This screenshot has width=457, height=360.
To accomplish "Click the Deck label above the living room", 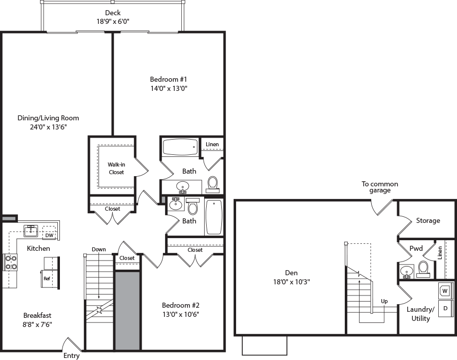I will [113, 13].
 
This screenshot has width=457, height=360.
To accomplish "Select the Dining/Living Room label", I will [48, 118].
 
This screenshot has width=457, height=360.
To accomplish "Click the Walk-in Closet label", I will [116, 168].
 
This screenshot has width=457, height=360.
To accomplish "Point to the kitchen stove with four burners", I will [11, 262].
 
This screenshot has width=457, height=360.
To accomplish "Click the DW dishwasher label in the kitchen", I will [49, 235].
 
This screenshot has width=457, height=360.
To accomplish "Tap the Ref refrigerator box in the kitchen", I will [46, 278].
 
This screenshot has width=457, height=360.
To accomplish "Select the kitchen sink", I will [31, 231].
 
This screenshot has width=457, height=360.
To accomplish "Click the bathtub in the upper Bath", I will [179, 148].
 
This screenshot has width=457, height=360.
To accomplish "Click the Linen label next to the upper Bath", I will [212, 145].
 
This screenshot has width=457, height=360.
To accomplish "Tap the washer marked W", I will [445, 291].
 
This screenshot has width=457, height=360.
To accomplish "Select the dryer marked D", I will [445, 308].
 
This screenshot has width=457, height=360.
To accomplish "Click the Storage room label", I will [428, 220].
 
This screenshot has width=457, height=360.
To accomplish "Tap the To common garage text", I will [379, 187].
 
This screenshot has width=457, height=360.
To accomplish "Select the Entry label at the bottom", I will [71, 355].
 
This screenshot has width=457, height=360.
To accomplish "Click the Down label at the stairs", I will [99, 249].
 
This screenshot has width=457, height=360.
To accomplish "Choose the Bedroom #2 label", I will [180, 305].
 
